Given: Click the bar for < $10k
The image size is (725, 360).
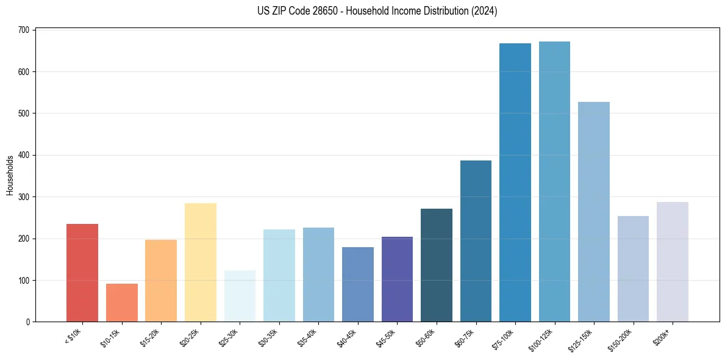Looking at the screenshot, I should (x=82, y=273).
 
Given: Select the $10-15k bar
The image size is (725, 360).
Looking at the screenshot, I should (x=121, y=303).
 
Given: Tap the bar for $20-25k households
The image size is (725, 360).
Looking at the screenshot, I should (x=200, y=262).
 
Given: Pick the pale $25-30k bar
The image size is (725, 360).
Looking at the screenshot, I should (x=240, y=296).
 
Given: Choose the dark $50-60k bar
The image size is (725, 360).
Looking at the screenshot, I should (x=437, y=265).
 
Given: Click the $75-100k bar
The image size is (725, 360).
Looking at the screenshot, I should (x=515, y=183).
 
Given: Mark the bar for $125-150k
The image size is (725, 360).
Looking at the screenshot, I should (x=594, y=212).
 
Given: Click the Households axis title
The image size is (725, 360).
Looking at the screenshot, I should (x=10, y=175).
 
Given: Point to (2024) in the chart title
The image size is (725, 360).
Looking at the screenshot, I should (x=485, y=11).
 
